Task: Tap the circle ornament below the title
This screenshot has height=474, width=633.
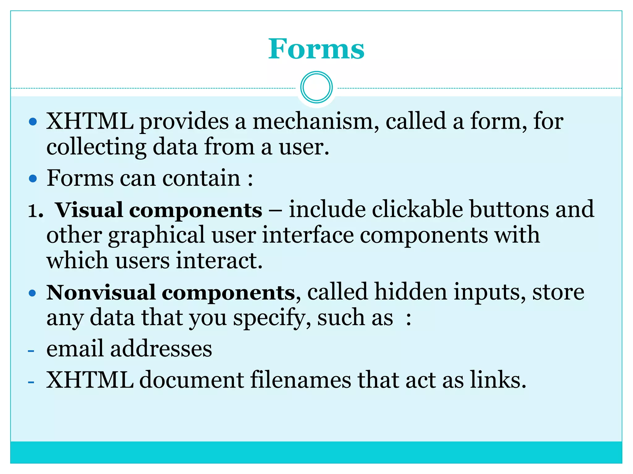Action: click(x=316, y=87)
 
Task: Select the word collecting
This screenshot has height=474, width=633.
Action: click(x=96, y=147)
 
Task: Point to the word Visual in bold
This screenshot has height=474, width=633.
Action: click(x=89, y=210)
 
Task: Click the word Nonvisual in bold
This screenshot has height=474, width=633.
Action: click(x=101, y=293)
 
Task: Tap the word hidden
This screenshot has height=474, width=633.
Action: click(x=410, y=292)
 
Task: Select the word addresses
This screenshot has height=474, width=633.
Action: click(x=161, y=349)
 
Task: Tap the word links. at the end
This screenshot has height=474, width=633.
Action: click(x=498, y=380)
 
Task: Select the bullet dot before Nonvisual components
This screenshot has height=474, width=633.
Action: click(x=32, y=293)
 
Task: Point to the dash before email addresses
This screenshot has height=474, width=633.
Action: click(x=31, y=351)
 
